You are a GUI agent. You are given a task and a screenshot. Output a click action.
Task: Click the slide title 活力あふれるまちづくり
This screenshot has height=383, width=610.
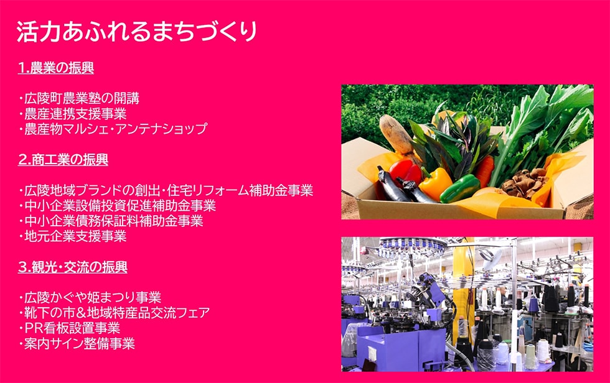(136, 31)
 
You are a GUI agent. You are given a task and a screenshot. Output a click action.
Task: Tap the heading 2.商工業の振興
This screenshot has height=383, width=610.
(63, 160)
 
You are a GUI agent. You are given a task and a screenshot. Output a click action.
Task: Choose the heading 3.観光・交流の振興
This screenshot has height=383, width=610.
(73, 267)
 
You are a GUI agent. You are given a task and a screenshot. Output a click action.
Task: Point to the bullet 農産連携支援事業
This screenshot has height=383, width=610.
(73, 114)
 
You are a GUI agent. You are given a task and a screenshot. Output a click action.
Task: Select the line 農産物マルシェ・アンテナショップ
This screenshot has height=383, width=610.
(113, 129)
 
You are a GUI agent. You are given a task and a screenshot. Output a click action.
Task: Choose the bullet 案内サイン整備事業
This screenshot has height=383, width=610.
(77, 344)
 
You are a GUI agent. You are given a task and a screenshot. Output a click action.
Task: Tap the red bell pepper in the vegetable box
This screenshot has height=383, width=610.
(405, 170)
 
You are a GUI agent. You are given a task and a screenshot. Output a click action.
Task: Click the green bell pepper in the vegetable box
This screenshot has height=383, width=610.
(460, 188)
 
